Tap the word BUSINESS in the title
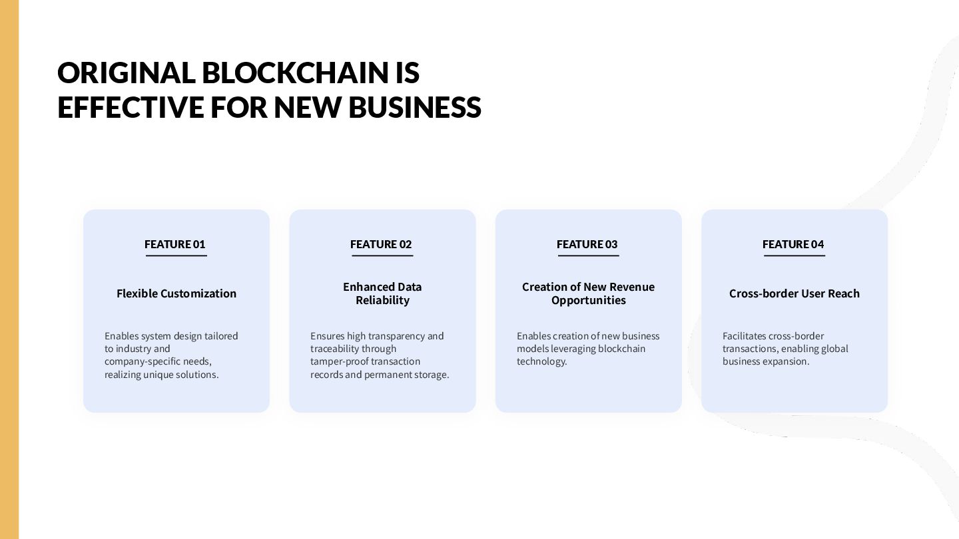pyautogui.click(x=414, y=107)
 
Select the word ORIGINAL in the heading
pyautogui.click(x=125, y=73)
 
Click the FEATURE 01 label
pyautogui.click(x=175, y=244)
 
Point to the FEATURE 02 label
pyautogui.click(x=381, y=244)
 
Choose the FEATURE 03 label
pyautogui.click(x=587, y=244)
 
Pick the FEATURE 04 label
pyautogui.click(x=793, y=244)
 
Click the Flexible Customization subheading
pyautogui.click(x=176, y=293)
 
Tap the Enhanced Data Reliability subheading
pyautogui.click(x=382, y=293)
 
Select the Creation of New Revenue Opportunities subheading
pyautogui.click(x=589, y=293)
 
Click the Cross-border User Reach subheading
pyautogui.click(x=795, y=293)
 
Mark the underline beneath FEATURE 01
pyautogui.click(x=176, y=256)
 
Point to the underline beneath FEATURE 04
pyautogui.click(x=795, y=256)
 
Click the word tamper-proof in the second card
pyautogui.click(x=339, y=361)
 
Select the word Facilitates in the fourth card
pyautogui.click(x=744, y=336)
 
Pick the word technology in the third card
pyautogui.click(x=541, y=361)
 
